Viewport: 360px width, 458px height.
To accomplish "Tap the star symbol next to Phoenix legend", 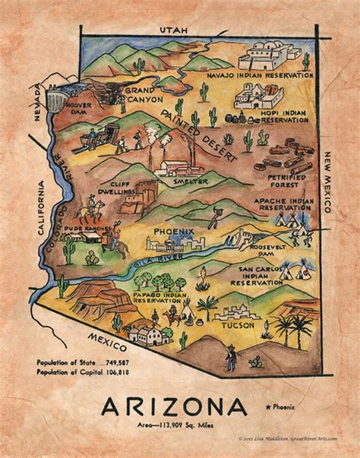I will coord(270,409).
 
